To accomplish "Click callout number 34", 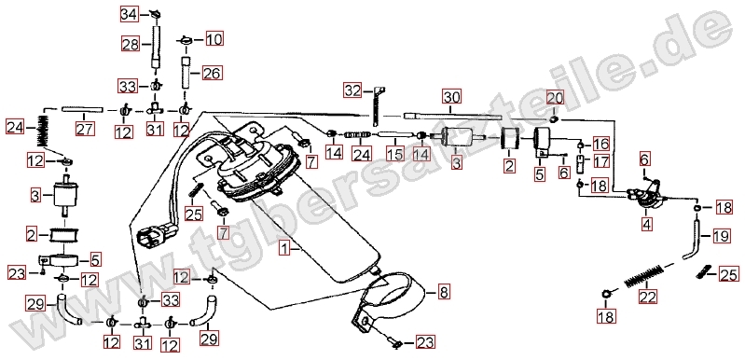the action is point(129,15).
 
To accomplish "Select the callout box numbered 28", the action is point(130,45).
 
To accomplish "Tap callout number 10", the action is point(214,38).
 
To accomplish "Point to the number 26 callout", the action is point(213,73).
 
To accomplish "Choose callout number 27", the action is point(85,128).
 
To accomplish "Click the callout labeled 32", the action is point(353,90).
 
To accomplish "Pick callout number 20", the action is point(555,98).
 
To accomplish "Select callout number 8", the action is point(443,292).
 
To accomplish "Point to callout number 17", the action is point(601,162).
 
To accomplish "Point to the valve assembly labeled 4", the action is point(644,196).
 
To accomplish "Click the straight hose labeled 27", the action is point(83,110).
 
